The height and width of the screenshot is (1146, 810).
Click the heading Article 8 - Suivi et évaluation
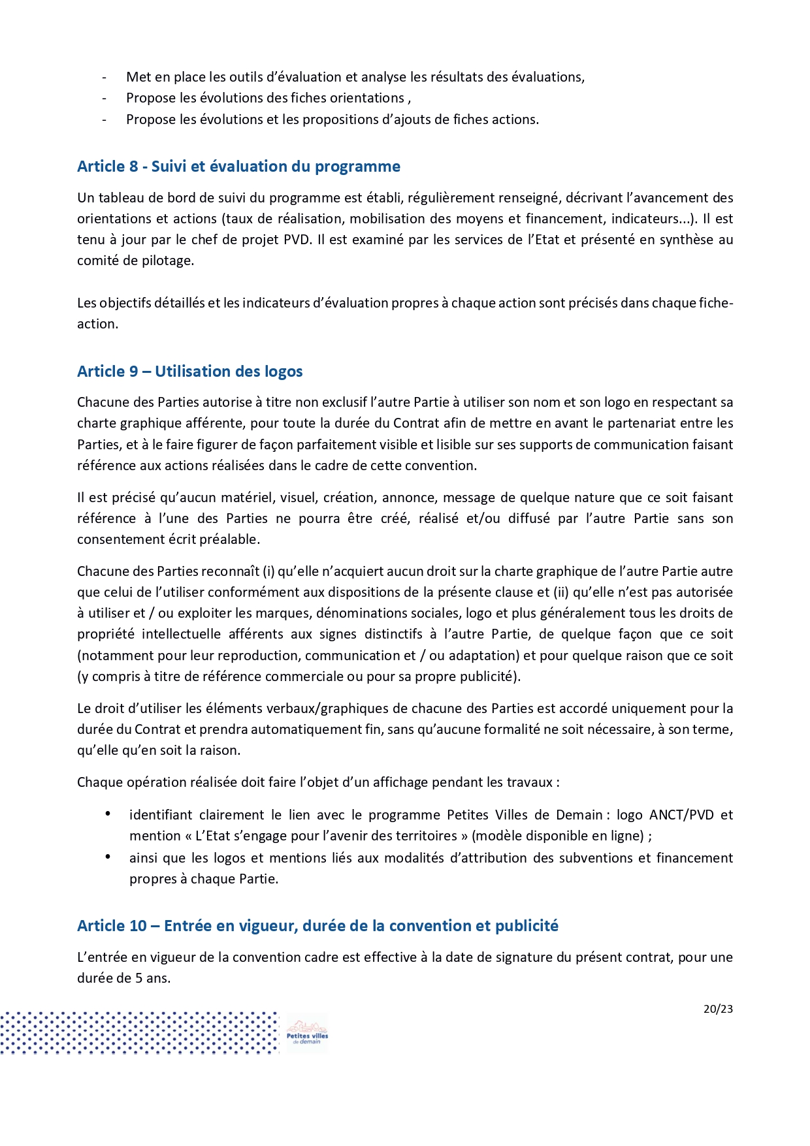pyautogui.click(x=238, y=167)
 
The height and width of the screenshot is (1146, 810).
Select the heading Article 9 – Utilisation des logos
pyautogui.click(x=189, y=372)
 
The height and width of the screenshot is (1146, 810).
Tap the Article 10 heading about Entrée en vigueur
pyautogui.click(x=317, y=926)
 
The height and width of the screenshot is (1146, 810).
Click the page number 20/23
pyautogui.click(x=718, y=1009)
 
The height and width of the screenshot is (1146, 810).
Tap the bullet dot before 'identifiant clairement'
pyautogui.click(x=107, y=814)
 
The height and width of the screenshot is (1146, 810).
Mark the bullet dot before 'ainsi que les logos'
pyautogui.click(x=107, y=857)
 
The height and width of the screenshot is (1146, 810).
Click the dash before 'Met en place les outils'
pyautogui.click(x=104, y=78)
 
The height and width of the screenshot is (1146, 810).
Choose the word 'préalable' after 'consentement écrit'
pyautogui.click(x=233, y=539)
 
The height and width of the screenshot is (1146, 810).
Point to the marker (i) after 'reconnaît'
pyautogui.click(x=268, y=571)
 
